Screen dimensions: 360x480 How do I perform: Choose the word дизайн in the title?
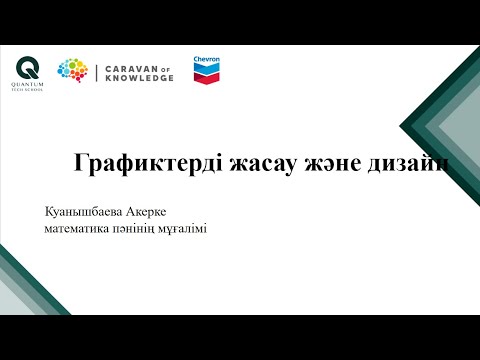coord(410,165)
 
